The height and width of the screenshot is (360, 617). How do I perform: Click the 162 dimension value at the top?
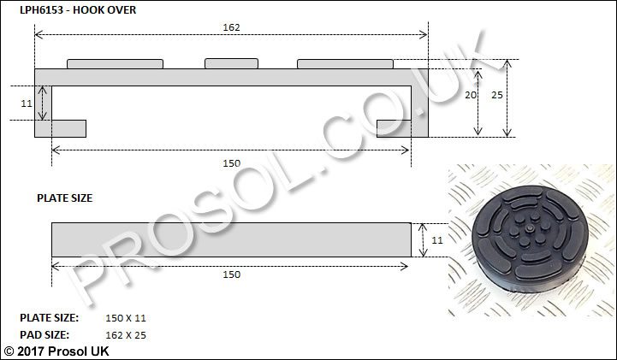(x=231, y=27)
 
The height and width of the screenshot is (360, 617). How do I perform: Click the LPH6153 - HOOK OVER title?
(x=78, y=9)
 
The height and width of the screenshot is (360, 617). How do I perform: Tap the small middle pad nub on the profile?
(x=231, y=63)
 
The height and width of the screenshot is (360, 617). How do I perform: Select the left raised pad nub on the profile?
(x=115, y=63)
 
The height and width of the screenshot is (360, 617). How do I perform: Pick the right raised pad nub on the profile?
(x=345, y=63)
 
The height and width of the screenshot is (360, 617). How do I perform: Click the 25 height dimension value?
(x=497, y=95)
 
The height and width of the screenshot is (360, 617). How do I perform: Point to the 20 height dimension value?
(x=470, y=95)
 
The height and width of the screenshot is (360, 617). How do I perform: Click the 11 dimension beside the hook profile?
(x=27, y=103)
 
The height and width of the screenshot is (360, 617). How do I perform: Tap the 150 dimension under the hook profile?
(x=231, y=163)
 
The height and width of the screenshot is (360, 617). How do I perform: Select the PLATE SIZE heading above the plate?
(x=64, y=198)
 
